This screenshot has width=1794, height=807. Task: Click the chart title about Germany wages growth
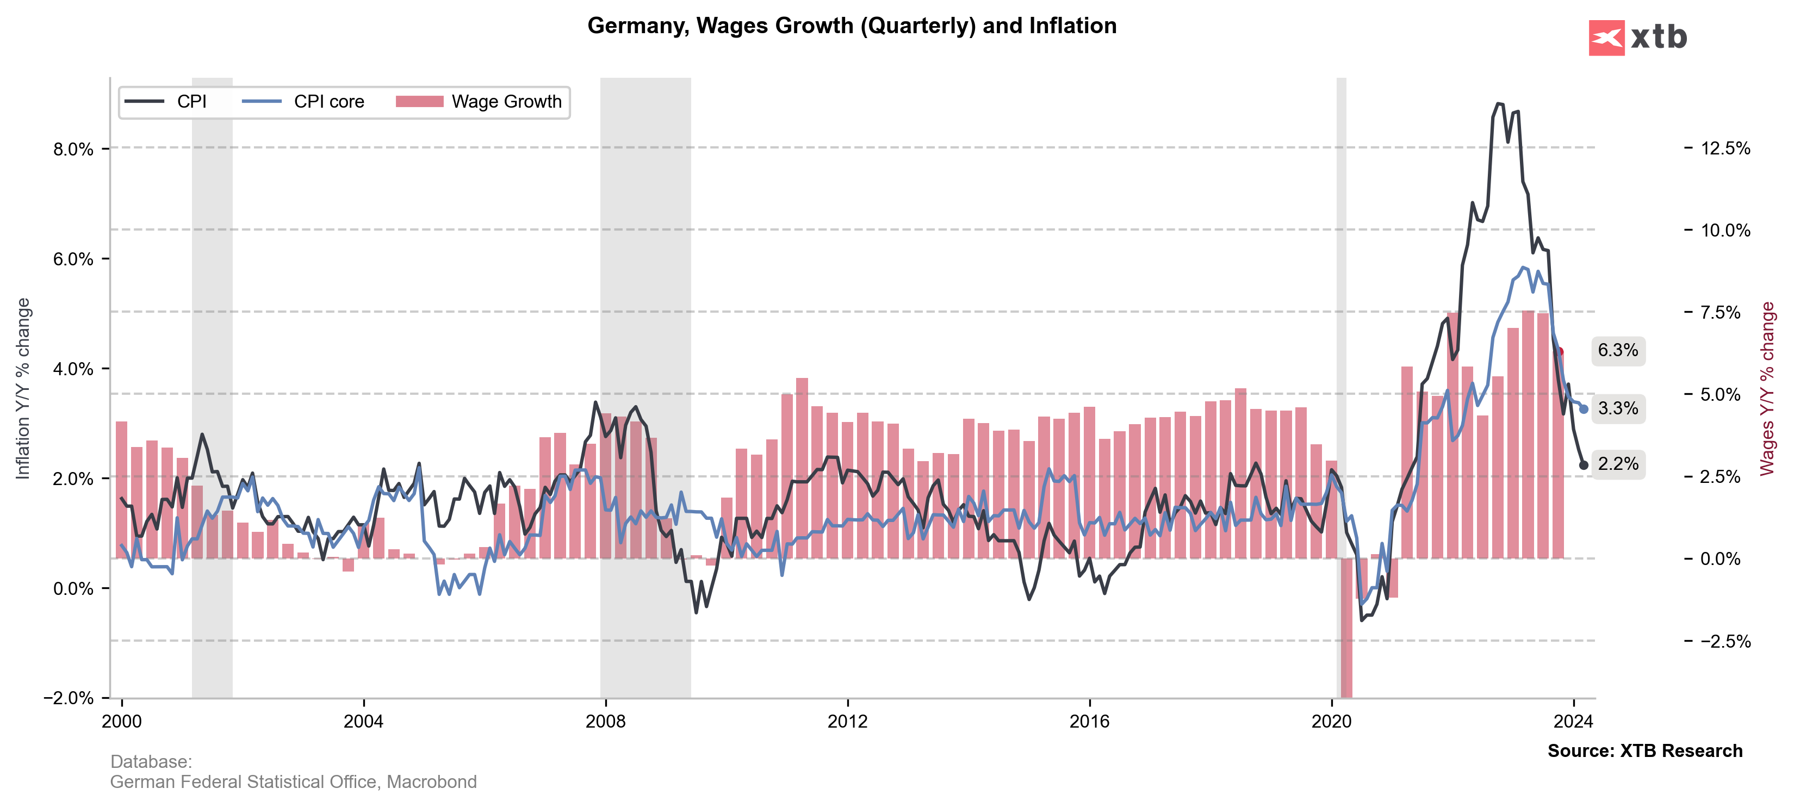coord(851,26)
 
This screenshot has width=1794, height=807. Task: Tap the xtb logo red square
coord(1606,38)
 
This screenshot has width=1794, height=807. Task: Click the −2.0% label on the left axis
coord(69,698)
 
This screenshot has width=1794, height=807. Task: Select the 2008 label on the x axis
coord(605,722)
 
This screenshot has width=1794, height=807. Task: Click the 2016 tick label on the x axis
coord(1089,722)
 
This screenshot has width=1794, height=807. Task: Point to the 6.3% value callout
coord(1618,350)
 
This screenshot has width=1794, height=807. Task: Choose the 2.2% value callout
coord(1618,464)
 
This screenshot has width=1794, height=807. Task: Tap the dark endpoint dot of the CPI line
coord(1584,465)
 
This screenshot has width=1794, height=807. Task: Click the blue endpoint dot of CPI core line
coord(1584,409)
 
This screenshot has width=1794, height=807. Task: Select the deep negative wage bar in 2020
coord(1346,626)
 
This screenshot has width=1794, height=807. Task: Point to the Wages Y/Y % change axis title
coord(1767,388)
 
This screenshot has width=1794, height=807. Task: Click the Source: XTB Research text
coord(1644,750)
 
